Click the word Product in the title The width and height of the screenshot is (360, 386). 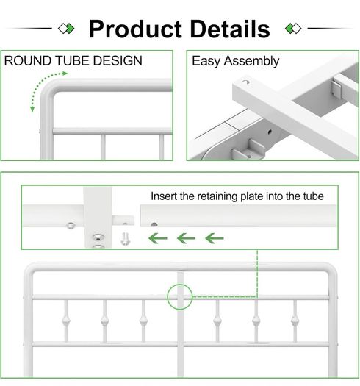pyautogui.click(x=136, y=29)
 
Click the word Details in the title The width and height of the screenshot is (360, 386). pyautogui.click(x=230, y=29)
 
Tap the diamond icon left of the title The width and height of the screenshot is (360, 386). pyautogui.click(x=66, y=29)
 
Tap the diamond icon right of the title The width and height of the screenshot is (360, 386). pyautogui.click(x=293, y=29)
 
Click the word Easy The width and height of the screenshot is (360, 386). pyautogui.click(x=206, y=61)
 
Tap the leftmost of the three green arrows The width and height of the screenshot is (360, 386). pyautogui.click(x=158, y=238)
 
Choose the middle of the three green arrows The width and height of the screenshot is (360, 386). pyautogui.click(x=186, y=238)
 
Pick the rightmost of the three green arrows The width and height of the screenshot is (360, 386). pyautogui.click(x=215, y=238)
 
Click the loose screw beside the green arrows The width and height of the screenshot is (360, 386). pyautogui.click(x=125, y=239)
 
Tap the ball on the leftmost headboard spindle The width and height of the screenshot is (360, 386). pyautogui.click(x=65, y=321)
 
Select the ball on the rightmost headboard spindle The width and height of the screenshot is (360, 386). pyautogui.click(x=295, y=321)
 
